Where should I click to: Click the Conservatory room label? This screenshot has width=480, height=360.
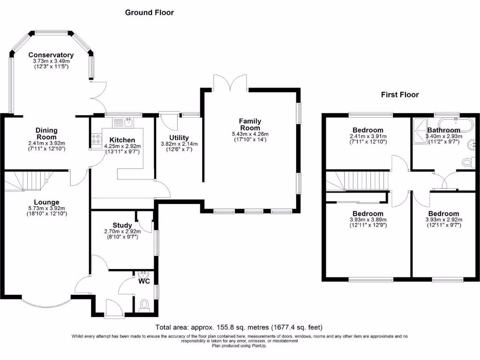51,55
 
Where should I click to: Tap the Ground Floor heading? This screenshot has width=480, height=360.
149,13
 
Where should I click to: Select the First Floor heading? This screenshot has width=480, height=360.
399,95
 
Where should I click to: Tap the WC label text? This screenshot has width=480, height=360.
143,282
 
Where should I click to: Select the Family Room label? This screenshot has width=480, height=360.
250,124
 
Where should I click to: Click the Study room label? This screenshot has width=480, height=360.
122,225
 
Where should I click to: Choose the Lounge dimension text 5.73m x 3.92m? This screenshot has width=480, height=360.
46,209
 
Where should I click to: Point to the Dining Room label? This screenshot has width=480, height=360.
46,134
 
